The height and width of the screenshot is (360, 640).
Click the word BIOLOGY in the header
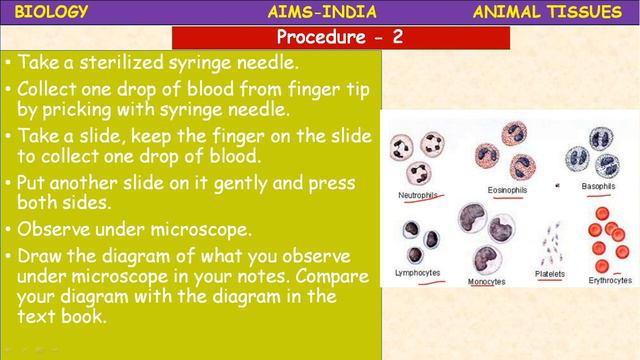click(53, 12)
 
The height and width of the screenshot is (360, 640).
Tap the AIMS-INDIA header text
click(322, 12)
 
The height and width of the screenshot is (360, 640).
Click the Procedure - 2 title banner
click(341, 39)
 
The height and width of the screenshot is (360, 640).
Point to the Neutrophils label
click(418, 194)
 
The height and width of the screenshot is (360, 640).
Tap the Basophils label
click(597, 187)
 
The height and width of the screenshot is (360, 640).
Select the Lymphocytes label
click(418, 272)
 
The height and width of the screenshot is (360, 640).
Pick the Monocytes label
click(486, 281)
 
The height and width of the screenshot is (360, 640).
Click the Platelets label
click(549, 273)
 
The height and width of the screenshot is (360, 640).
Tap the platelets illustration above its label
click(549, 241)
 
